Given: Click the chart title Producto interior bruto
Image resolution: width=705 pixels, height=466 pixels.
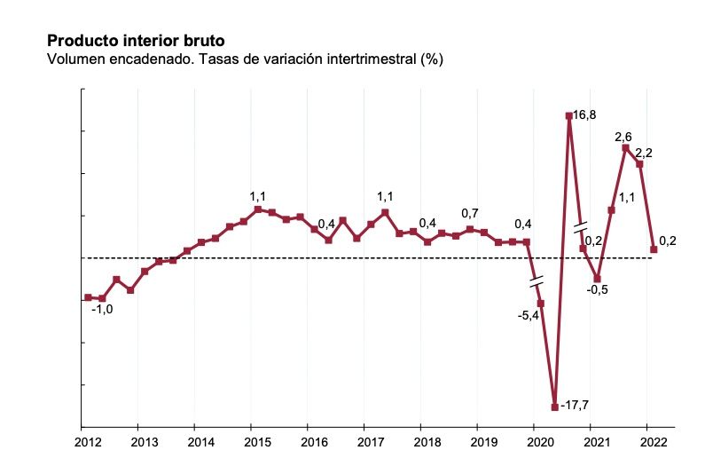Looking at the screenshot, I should (136, 41).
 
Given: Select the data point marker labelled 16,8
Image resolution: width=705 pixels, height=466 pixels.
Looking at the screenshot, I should (568, 115).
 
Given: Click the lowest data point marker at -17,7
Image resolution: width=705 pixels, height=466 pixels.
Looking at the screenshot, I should (554, 407).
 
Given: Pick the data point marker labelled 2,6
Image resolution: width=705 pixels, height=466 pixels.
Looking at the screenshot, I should (625, 147).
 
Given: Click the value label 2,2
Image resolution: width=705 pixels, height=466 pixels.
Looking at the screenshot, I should (644, 153).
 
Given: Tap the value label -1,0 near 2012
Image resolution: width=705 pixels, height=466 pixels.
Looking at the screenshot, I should (102, 310).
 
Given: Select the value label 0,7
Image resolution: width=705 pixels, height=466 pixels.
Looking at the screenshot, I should (470, 214).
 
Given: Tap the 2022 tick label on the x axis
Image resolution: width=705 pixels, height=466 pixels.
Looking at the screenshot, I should (648, 441).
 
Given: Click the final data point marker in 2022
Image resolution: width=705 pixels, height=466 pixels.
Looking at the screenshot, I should (654, 249).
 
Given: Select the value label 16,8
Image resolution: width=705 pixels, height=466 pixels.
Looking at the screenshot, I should (584, 115).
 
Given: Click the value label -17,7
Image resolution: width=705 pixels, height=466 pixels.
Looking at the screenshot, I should (576, 406).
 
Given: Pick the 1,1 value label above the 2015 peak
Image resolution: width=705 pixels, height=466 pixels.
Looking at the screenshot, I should (258, 196).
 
